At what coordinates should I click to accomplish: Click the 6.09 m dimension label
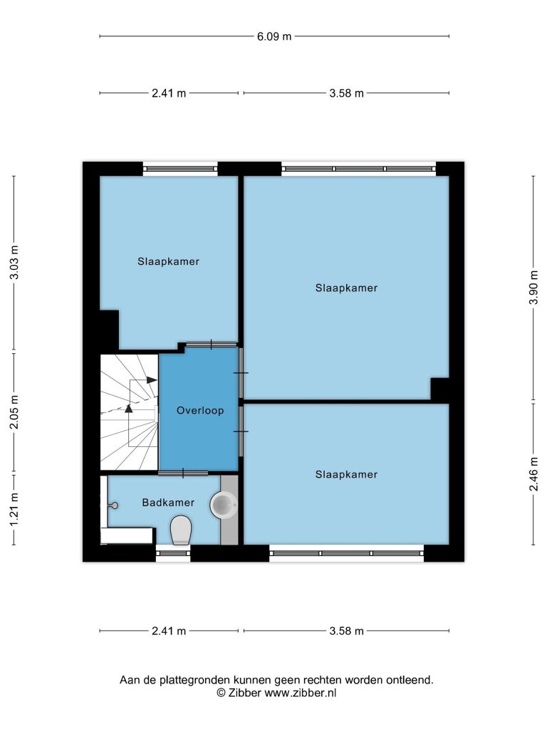click(274, 36)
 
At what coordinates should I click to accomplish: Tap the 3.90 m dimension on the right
click(533, 288)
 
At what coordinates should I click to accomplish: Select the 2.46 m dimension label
click(533, 473)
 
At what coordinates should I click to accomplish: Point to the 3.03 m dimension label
click(14, 262)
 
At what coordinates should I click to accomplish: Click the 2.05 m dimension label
click(14, 412)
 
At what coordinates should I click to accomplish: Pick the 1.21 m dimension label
click(14, 510)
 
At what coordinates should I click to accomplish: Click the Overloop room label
click(200, 411)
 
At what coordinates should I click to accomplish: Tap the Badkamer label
click(168, 502)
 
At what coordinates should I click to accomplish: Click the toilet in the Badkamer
click(181, 530)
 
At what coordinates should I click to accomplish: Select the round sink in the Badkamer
click(224, 505)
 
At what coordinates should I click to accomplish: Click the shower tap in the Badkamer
click(113, 505)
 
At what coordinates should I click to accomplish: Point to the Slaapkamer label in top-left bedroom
click(168, 261)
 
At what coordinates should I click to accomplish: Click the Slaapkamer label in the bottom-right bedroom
click(347, 474)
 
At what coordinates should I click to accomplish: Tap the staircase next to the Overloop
click(130, 412)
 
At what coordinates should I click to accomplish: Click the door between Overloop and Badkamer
click(183, 473)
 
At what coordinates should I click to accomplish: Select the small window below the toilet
click(173, 552)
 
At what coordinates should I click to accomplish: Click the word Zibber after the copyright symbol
click(245, 693)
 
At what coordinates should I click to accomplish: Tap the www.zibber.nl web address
click(301, 693)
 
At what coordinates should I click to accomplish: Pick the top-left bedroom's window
click(180, 168)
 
